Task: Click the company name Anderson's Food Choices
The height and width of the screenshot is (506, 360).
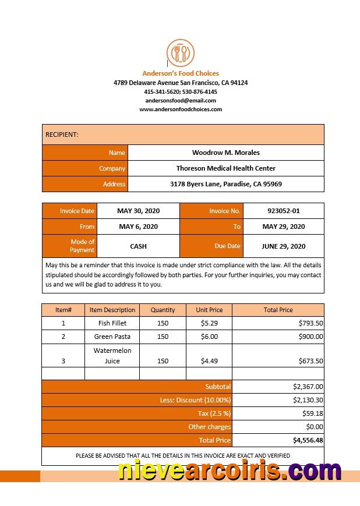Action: (x=181, y=73)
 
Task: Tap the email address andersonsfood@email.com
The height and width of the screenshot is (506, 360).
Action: (x=181, y=100)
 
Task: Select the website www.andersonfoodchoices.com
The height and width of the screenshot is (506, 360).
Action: (x=181, y=109)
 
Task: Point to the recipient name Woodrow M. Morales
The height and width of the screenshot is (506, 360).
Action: (x=226, y=153)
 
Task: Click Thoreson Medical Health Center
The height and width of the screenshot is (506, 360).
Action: (x=226, y=168)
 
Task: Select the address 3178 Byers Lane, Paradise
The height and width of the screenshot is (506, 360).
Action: (x=226, y=184)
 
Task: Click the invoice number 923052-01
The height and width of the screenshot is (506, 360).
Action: (x=283, y=211)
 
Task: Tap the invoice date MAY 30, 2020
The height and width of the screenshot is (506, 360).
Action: (x=138, y=211)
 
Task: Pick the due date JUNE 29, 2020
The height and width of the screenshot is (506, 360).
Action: (x=283, y=246)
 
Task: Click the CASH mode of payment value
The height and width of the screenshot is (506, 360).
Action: (x=138, y=246)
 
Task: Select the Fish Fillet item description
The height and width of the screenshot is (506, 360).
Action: (x=112, y=323)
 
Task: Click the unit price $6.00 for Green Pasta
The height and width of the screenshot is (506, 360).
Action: (x=209, y=337)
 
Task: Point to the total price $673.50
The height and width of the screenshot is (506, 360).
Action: (x=310, y=361)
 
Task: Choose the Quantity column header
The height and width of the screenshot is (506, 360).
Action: (x=163, y=310)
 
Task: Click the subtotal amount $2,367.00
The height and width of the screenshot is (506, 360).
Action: (x=308, y=387)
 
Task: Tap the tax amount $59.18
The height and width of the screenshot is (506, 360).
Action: (x=312, y=413)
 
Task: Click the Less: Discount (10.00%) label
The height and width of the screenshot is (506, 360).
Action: (x=195, y=400)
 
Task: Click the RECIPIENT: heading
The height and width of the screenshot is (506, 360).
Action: (x=62, y=135)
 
